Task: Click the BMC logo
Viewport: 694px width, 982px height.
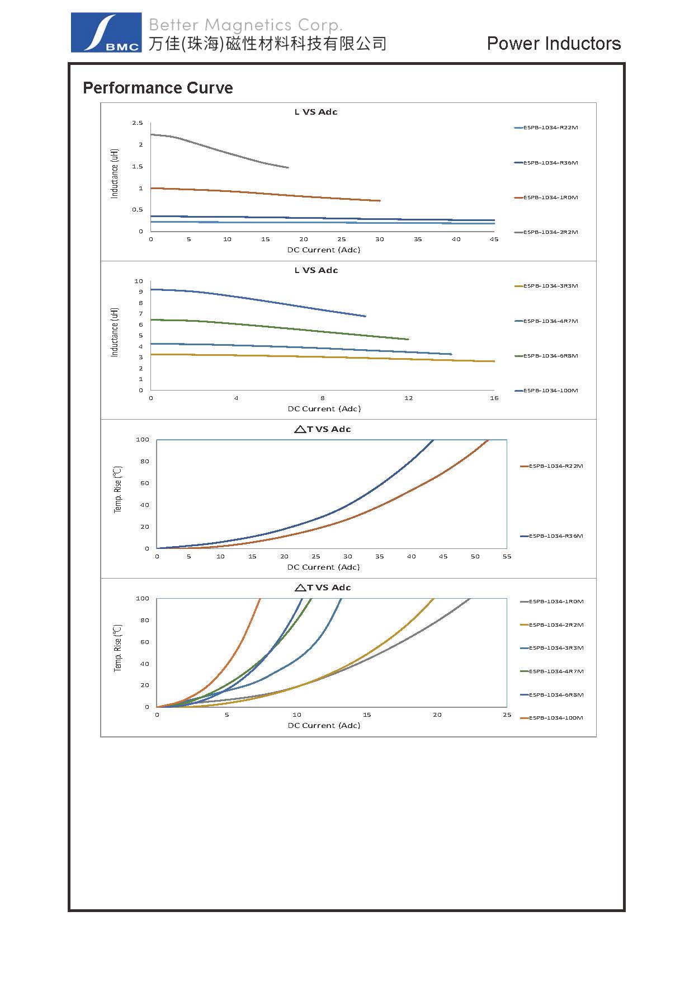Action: (106, 32)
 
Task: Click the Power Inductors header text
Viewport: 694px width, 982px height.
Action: (554, 44)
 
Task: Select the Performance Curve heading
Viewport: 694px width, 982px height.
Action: (158, 88)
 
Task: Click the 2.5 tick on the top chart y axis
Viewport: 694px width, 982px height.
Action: (138, 123)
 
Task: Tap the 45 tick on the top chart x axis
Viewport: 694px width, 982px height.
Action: (494, 239)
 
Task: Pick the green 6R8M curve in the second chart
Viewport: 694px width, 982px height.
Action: (280, 327)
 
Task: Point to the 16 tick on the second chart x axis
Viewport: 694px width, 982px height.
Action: (494, 398)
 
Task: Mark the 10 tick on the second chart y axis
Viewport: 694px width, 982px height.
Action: (139, 281)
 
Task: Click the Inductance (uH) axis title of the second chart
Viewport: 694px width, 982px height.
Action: (115, 332)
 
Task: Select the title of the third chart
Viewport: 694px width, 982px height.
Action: (323, 429)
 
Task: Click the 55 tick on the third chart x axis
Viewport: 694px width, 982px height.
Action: (507, 557)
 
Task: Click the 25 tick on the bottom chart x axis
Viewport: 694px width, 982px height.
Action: (507, 715)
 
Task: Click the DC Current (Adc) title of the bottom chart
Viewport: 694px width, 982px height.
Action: (324, 726)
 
